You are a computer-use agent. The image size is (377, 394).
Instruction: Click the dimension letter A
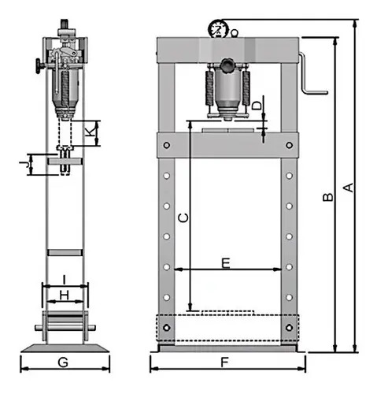[x=349, y=188]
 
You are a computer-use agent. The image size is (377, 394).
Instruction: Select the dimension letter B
[x=327, y=197]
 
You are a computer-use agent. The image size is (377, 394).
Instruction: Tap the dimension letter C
[x=183, y=217]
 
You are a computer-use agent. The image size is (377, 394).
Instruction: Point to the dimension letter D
[x=257, y=106]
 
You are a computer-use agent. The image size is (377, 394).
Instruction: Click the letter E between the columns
[x=226, y=263]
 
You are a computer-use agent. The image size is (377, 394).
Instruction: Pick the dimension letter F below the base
[x=224, y=362]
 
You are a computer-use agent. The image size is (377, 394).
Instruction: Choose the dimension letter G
[x=63, y=362]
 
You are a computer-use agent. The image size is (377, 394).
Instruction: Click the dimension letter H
[x=65, y=295]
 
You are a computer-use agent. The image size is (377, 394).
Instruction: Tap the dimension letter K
[x=91, y=132]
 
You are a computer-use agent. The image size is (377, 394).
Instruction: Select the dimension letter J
[x=24, y=165]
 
